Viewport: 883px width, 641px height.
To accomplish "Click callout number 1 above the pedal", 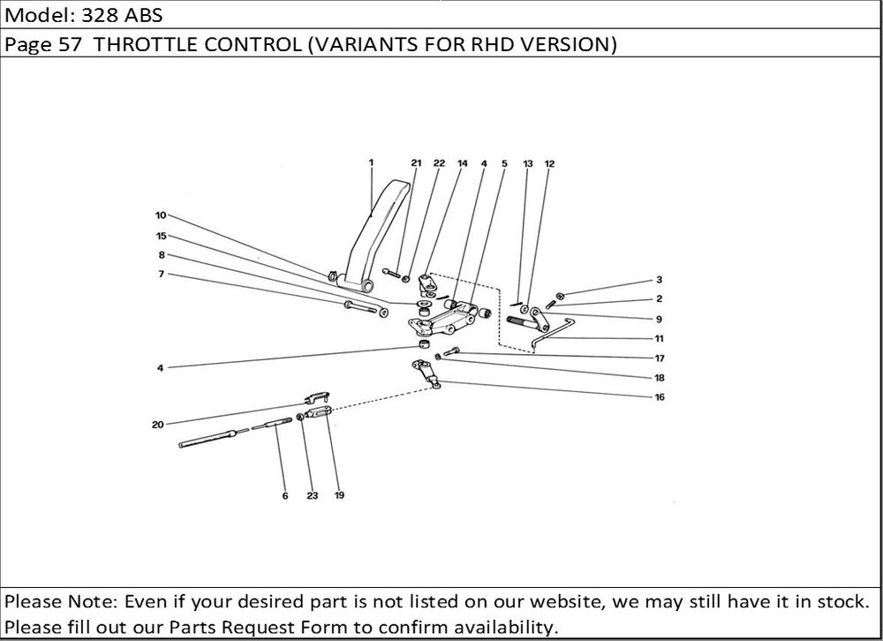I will point(371,162).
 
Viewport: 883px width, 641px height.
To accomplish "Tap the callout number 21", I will point(416,163).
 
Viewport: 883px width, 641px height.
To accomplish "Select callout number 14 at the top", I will point(462,163).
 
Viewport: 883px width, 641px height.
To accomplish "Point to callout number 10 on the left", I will point(161,215).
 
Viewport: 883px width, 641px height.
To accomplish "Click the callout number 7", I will point(161,274).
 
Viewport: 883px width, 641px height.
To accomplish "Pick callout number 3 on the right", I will point(659,280).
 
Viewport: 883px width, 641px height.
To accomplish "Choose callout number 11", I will point(659,338).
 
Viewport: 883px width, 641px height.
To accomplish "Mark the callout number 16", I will point(659,397).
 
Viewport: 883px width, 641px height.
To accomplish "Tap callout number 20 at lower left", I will point(157,426).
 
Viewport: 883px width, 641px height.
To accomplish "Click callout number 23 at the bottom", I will point(312,496).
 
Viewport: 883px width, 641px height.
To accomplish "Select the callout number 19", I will point(339,496).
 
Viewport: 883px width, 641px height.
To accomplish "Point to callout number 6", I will point(285,496).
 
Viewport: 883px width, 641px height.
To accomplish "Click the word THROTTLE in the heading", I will point(145,45).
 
